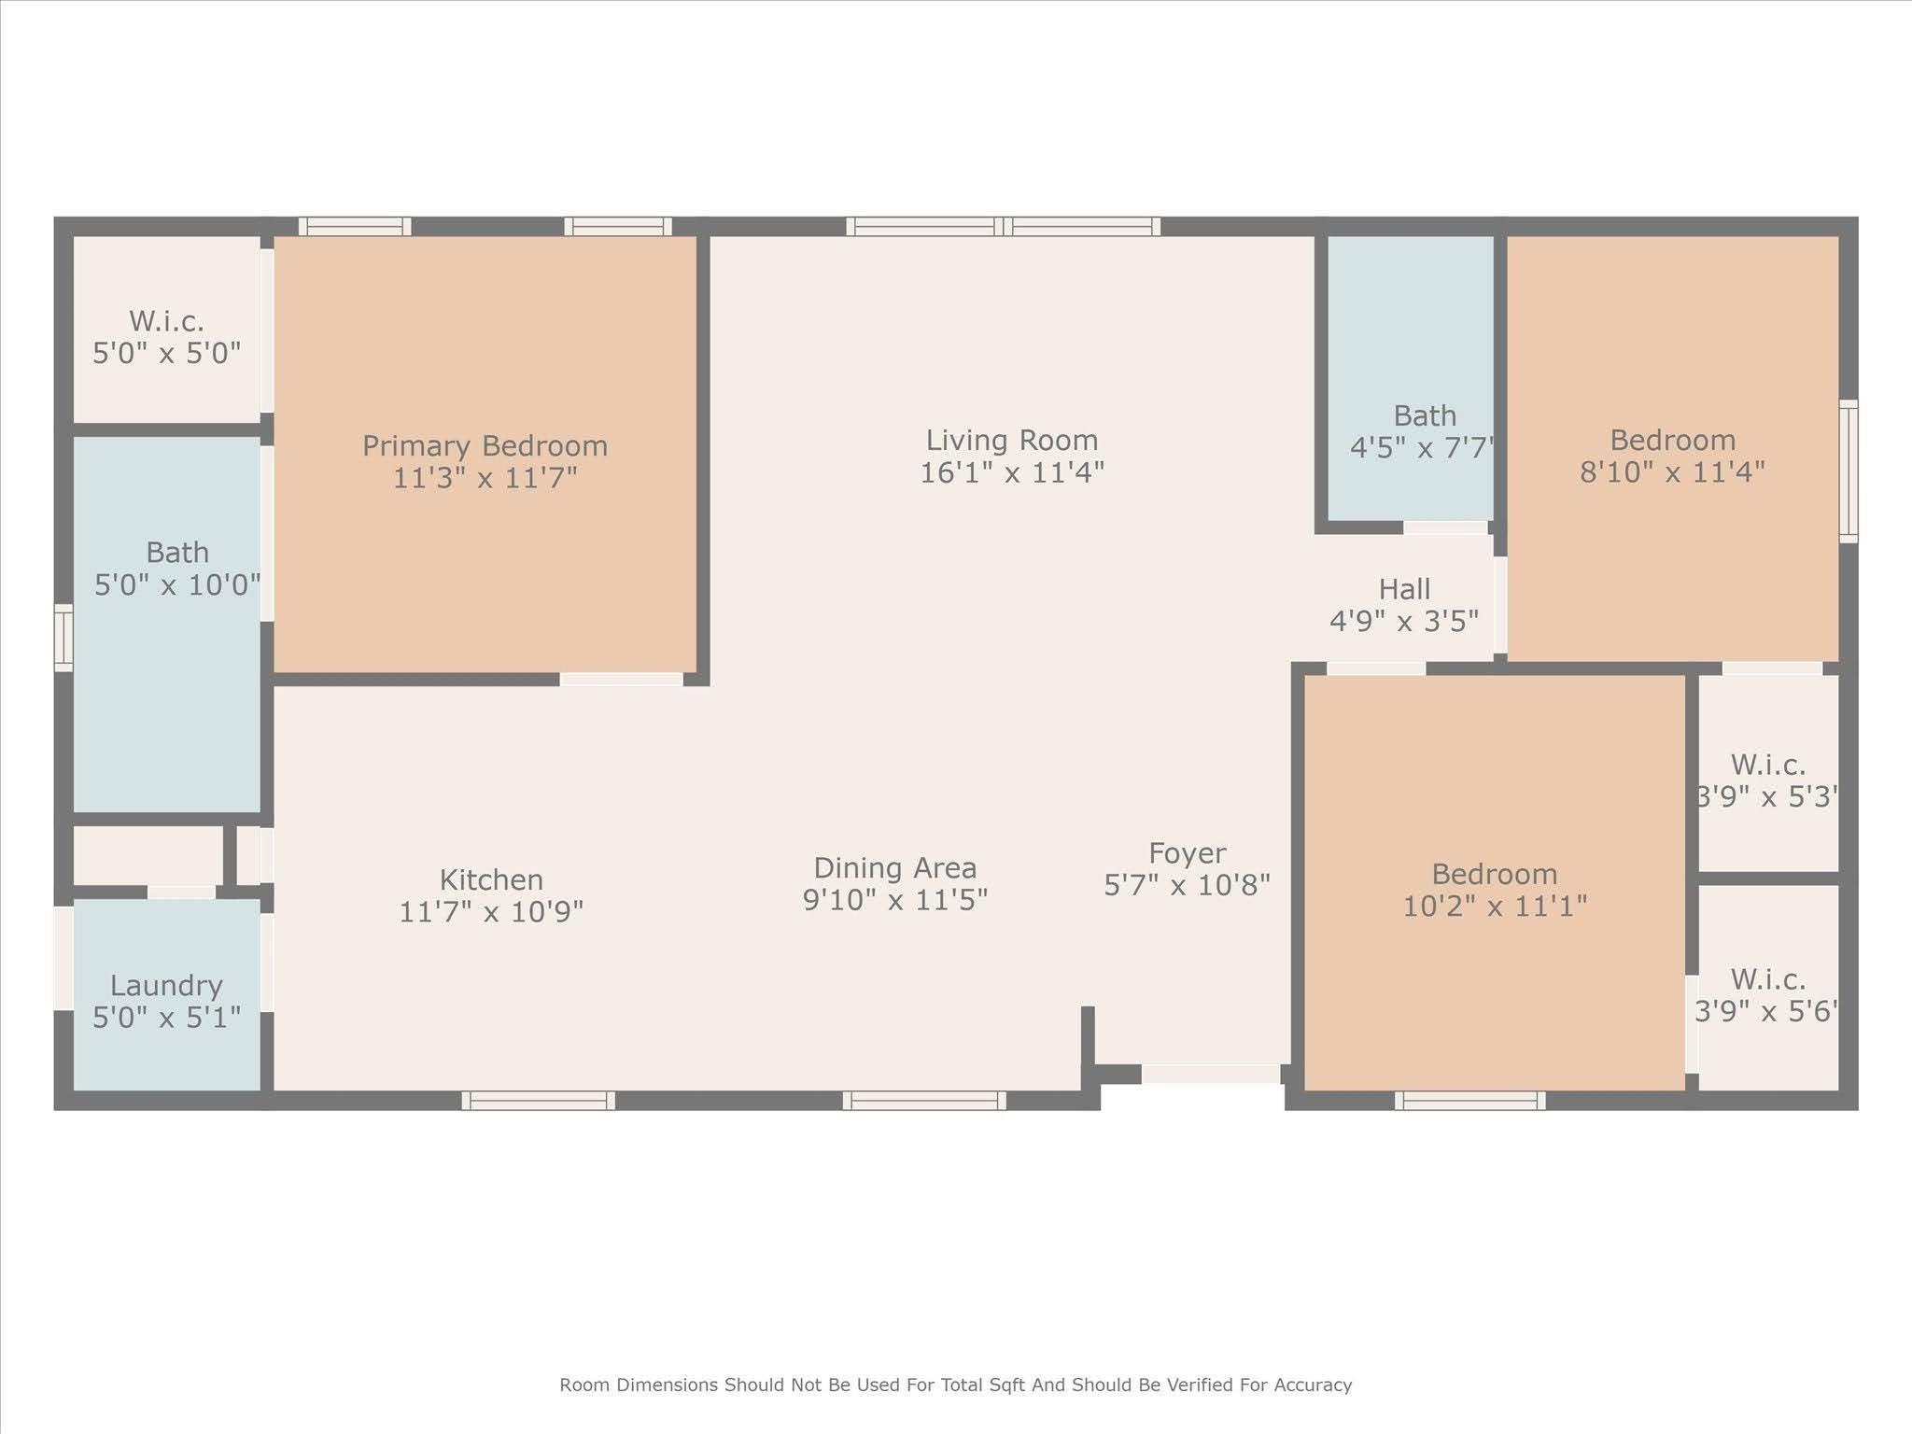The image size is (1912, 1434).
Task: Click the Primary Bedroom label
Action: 485,445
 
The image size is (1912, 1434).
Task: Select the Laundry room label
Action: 166,986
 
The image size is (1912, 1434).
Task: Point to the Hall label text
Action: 1404,589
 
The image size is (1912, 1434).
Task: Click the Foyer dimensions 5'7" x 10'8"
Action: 1187,885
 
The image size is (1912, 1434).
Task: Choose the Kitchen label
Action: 491,879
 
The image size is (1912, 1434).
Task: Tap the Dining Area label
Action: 894,868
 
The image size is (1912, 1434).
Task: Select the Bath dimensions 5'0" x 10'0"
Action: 177,585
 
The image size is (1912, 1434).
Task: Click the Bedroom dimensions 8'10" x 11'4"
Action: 1672,472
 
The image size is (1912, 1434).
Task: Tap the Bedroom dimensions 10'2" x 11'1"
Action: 1495,907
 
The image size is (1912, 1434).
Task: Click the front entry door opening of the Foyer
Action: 1211,1075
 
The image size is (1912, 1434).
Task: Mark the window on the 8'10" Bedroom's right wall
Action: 1848,471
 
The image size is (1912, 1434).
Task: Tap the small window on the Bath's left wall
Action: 63,638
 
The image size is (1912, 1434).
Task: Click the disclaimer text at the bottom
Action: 955,1385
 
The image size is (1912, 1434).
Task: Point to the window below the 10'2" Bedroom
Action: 1469,1101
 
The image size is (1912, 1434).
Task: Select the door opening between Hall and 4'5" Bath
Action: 1445,528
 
